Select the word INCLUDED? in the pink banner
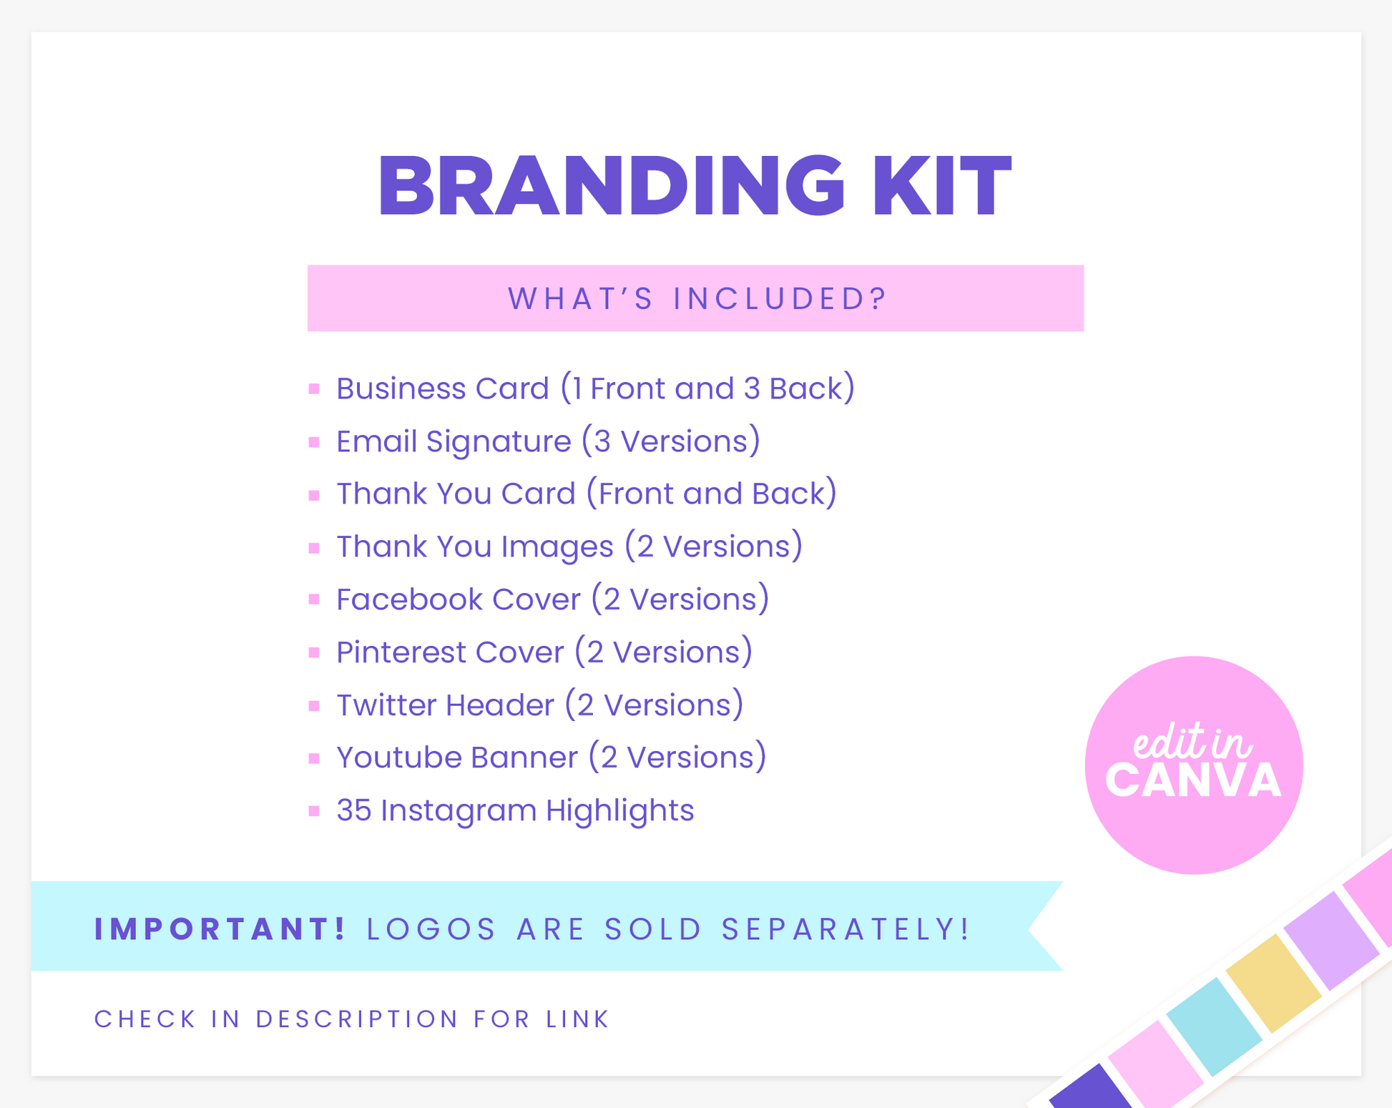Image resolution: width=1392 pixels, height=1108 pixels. [780, 298]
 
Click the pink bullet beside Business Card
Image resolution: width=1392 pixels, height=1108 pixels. [314, 389]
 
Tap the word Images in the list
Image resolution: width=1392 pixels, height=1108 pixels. [557, 547]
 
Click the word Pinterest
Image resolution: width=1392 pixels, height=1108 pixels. [401, 652]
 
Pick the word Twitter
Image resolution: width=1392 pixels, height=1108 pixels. [386, 705]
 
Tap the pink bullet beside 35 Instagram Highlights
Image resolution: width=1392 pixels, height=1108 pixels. [314, 811]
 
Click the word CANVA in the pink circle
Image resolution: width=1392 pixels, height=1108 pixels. [1194, 780]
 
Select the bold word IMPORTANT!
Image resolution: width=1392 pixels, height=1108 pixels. [220, 928]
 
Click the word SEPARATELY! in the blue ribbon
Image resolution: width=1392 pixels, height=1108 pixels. [846, 928]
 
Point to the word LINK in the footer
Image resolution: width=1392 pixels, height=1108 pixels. [578, 1019]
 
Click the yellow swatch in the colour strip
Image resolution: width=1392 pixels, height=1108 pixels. [1273, 983]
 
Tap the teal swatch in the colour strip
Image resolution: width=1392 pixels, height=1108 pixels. [1215, 1026]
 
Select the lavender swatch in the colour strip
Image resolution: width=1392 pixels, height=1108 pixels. [1331, 941]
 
